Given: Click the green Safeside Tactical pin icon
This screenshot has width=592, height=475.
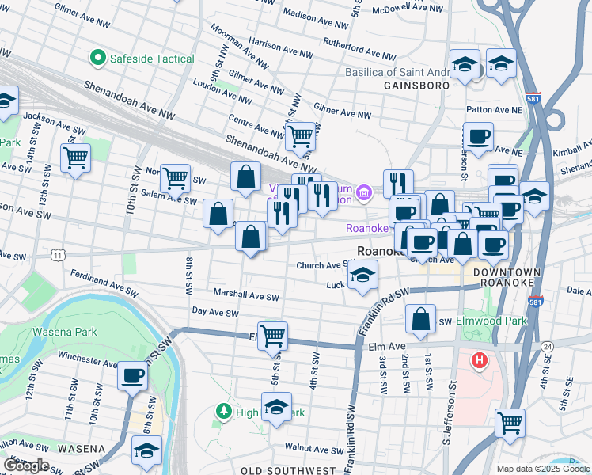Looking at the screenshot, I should (98, 58).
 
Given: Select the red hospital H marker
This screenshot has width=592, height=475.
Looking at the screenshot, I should (479, 361).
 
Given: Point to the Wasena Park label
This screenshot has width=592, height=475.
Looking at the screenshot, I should (64, 332).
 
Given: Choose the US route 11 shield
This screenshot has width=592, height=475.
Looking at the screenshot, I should (58, 255).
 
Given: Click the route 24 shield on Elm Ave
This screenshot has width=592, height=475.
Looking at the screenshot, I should (547, 347).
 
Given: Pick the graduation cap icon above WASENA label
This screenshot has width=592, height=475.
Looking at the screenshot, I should (146, 450).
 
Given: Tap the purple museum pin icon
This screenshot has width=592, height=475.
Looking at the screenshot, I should (363, 192).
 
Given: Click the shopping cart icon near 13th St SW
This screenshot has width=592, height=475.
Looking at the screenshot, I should (75, 158).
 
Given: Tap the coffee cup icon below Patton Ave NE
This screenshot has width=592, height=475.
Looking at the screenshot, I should (478, 136).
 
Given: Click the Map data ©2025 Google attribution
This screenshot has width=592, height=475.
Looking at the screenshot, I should (542, 469).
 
